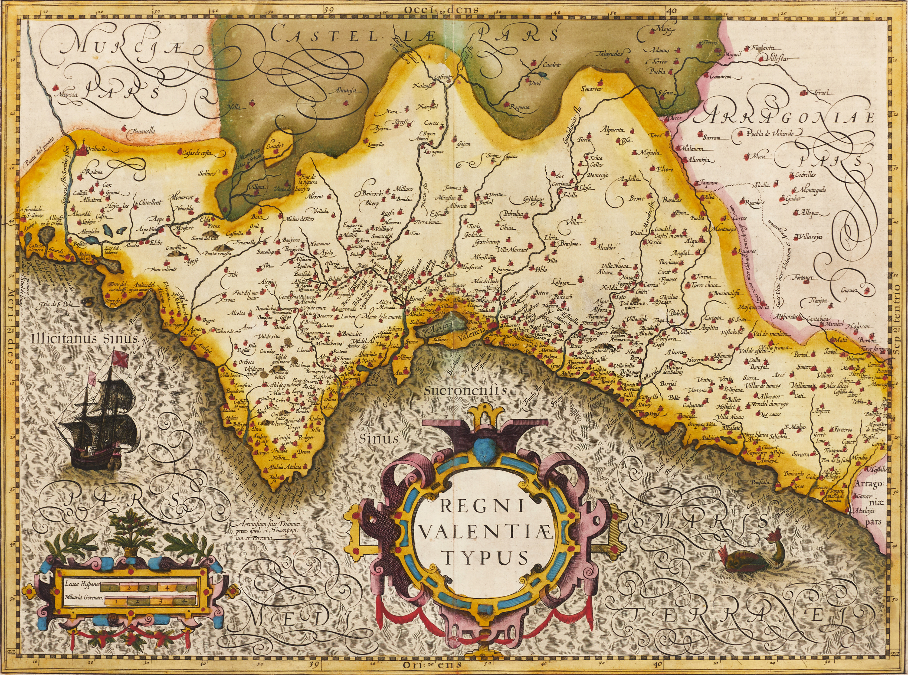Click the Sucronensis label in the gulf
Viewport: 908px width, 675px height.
point(465,391)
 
